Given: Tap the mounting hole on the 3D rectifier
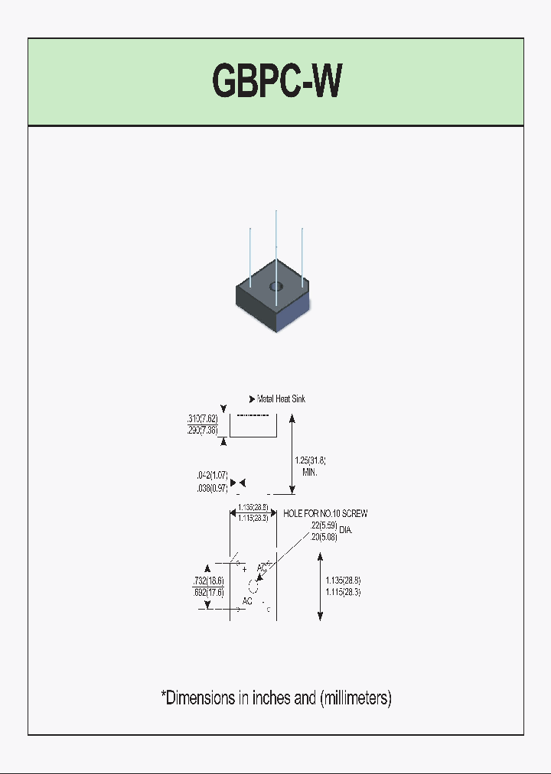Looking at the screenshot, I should [275, 287].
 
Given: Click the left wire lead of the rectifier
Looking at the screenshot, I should [250, 256].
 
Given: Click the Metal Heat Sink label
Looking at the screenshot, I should [281, 399].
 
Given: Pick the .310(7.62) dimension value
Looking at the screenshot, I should [203, 419].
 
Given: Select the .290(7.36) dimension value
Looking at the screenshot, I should [203, 431].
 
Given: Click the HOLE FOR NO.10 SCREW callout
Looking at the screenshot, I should [325, 514].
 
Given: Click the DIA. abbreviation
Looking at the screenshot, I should [346, 530].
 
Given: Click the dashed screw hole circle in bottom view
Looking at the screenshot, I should [254, 587].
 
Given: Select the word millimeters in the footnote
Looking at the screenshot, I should [356, 698].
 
